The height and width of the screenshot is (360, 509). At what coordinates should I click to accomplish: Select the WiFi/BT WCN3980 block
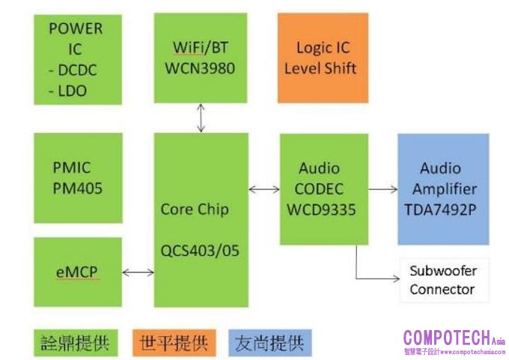201,57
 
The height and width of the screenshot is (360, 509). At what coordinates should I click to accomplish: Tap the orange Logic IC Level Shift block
323,57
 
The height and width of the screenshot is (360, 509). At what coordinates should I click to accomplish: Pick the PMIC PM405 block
77,177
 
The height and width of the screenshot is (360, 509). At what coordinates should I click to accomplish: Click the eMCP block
77,272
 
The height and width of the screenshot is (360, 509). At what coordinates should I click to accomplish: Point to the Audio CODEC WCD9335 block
323,189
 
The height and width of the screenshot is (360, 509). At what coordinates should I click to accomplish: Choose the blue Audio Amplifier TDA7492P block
443,189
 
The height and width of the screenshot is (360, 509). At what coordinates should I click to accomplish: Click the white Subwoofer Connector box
443,280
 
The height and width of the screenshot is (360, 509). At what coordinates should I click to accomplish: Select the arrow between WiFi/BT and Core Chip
201,118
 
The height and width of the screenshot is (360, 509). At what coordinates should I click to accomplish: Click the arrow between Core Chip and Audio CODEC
264,189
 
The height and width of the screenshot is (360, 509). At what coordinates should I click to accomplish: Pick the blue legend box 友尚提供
269,343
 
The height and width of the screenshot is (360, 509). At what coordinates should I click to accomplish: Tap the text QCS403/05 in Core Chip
201,251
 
